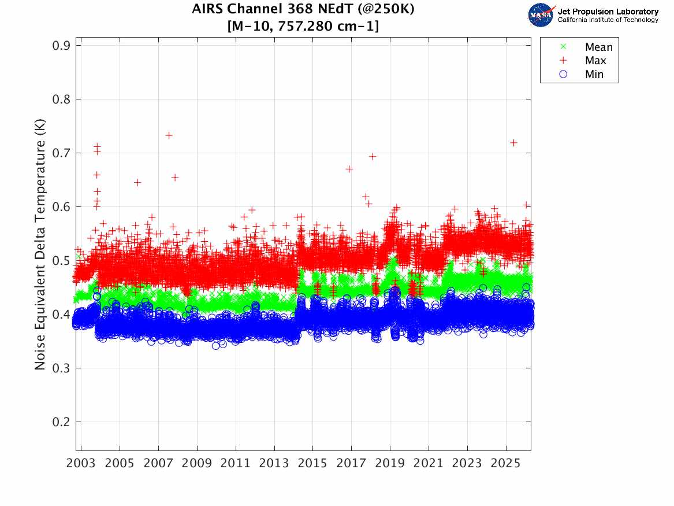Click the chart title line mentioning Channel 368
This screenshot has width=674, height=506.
point(303,10)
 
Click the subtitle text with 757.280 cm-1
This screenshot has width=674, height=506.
point(303,26)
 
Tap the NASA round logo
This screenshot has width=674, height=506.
point(541,15)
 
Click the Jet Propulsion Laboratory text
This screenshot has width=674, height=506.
point(608,12)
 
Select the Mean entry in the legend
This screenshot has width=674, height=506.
point(598,47)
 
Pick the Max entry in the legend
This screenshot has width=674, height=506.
point(595,61)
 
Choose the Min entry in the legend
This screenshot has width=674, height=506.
point(594,74)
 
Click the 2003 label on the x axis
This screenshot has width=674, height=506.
point(81,464)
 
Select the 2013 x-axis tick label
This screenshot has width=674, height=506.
point(274,464)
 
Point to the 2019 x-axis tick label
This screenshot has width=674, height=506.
point(390,464)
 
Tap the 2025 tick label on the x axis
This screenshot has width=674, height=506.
point(506,464)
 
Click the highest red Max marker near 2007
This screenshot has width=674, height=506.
point(169,135)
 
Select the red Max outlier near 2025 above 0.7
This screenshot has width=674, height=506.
point(513,143)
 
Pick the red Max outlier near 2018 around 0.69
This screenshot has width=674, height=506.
point(373,156)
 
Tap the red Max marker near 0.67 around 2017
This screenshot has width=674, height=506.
point(349,169)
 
